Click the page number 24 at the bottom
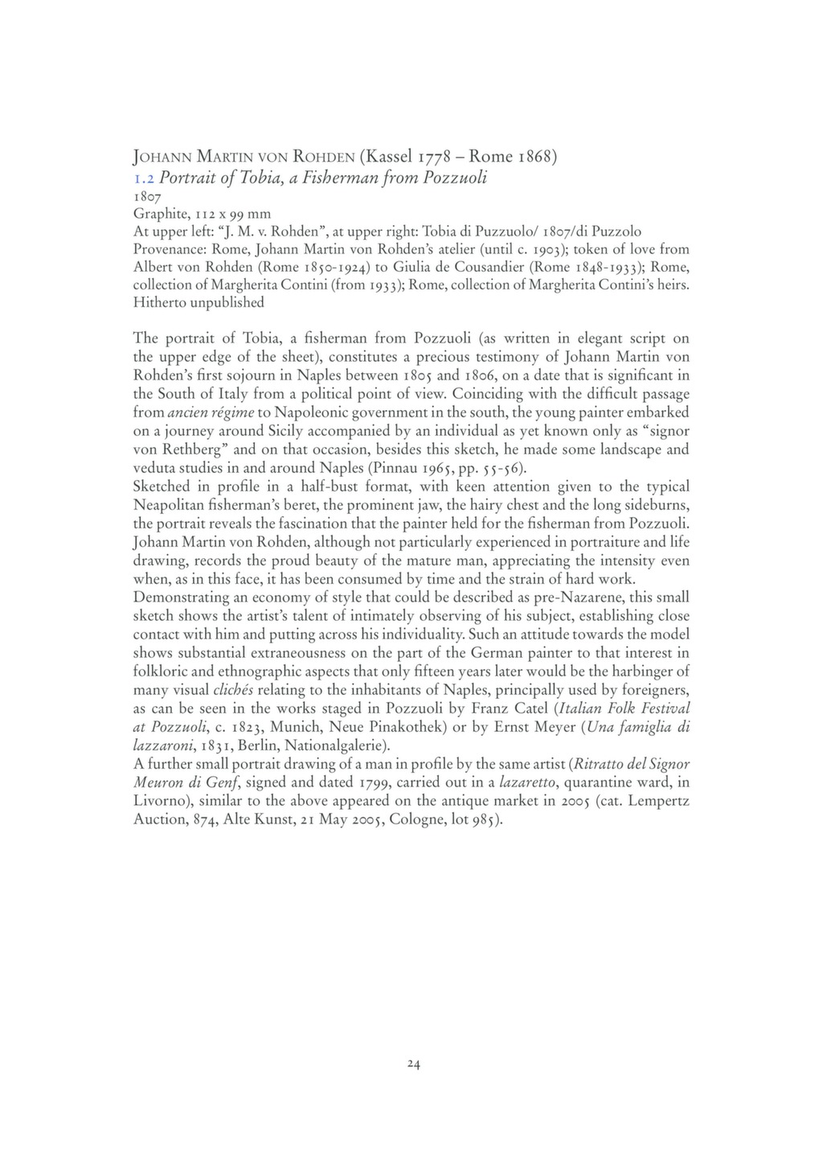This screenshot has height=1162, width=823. click(413, 1064)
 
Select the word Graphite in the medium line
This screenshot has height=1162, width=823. click(158, 214)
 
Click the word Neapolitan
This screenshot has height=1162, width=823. click(170, 505)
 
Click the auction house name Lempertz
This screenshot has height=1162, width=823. click(649, 801)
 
